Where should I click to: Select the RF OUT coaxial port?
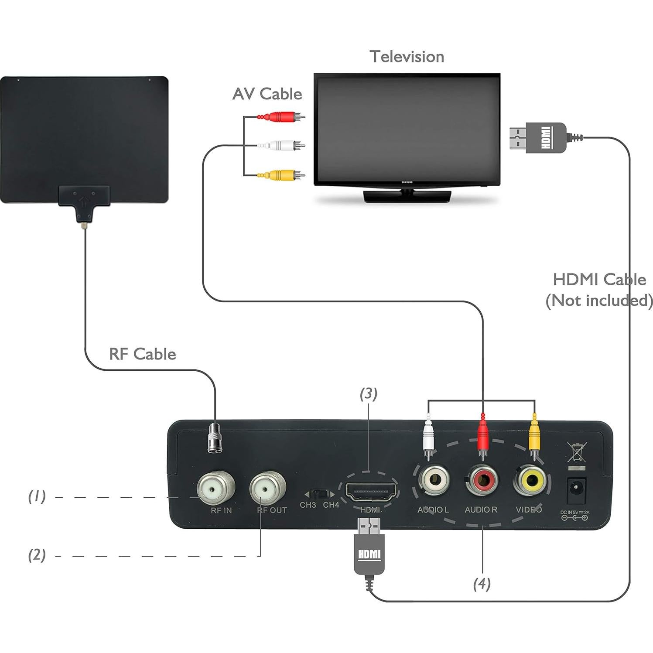pyautogui.click(x=267, y=488)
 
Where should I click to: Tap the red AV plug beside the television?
pyautogui.click(x=282, y=117)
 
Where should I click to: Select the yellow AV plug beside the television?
pyautogui.click(x=282, y=175)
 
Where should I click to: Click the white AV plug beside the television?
pyautogui.click(x=282, y=145)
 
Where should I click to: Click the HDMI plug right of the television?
pyautogui.click(x=539, y=138)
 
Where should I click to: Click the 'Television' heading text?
pyautogui.click(x=407, y=57)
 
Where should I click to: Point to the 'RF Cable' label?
pyautogui.click(x=142, y=354)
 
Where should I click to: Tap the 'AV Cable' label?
pyautogui.click(x=267, y=94)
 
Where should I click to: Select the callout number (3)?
pyautogui.click(x=368, y=393)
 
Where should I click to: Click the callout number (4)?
pyautogui.click(x=482, y=584)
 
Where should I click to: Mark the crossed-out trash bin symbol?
pyautogui.click(x=577, y=452)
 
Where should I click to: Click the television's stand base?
pyautogui.click(x=407, y=196)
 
